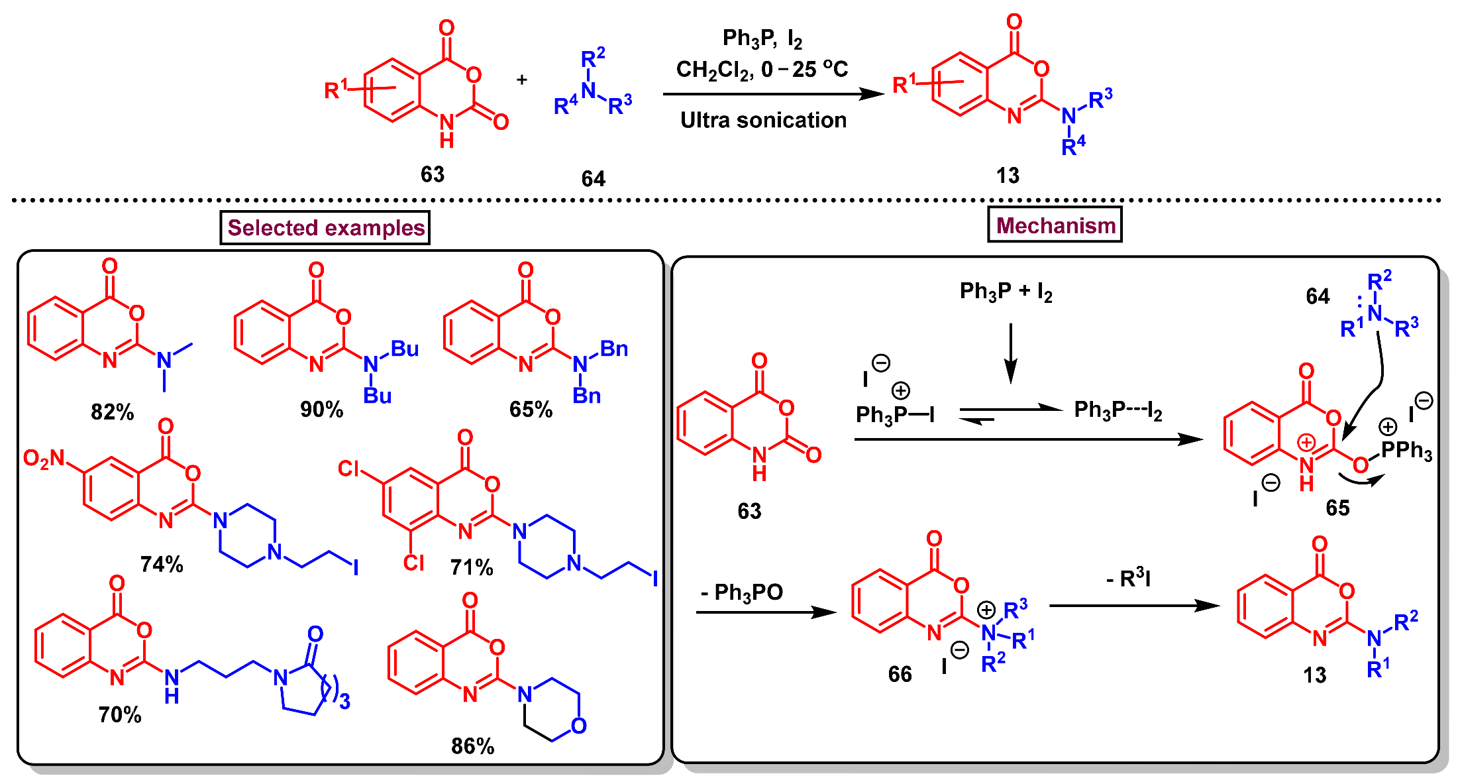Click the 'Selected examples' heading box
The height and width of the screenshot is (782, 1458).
(x=325, y=228)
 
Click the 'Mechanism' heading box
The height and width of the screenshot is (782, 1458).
(x=1055, y=225)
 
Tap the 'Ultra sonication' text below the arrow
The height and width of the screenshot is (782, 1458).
(x=763, y=120)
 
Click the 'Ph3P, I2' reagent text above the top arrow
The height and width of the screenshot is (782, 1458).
(x=762, y=38)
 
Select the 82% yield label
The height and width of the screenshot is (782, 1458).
(x=112, y=412)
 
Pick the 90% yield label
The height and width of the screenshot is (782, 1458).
(x=321, y=410)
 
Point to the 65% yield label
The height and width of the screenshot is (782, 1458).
(x=531, y=410)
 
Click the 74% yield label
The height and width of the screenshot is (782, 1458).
(x=162, y=565)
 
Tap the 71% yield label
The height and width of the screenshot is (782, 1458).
(x=472, y=567)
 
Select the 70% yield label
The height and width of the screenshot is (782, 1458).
(x=120, y=714)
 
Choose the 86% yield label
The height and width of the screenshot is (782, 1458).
(x=472, y=746)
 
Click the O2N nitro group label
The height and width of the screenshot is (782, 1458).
(x=44, y=458)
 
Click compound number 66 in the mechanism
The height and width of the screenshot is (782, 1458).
(x=900, y=674)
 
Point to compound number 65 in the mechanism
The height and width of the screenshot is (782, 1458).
(x=1337, y=508)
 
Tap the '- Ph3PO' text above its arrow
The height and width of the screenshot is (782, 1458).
(x=742, y=592)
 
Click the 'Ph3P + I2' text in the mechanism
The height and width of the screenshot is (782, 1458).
(x=1006, y=291)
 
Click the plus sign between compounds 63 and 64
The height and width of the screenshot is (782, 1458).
(x=522, y=80)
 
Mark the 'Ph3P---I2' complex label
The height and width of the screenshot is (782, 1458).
(x=1118, y=410)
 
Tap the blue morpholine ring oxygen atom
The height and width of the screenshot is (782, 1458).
(x=578, y=726)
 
